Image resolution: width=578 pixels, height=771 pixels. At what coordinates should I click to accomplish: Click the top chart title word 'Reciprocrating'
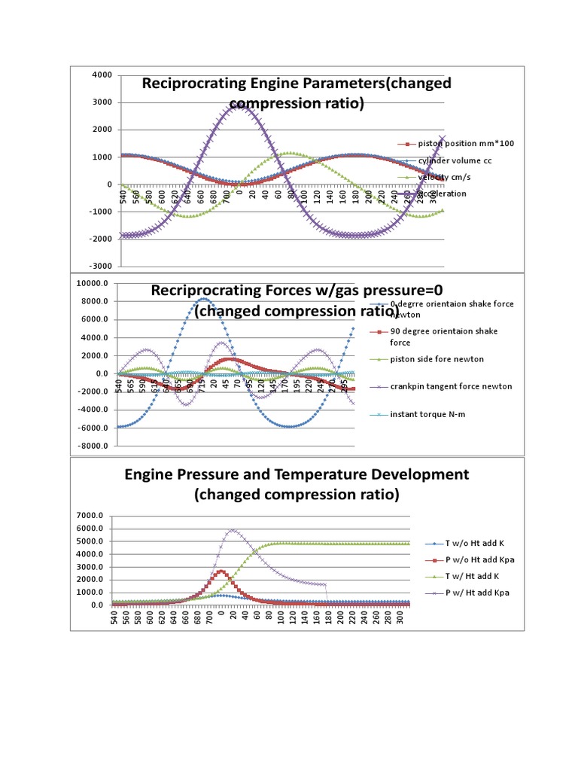point(199,84)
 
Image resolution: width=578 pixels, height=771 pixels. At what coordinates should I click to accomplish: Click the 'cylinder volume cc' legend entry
point(459,160)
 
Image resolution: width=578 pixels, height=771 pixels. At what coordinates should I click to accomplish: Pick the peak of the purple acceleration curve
point(239,106)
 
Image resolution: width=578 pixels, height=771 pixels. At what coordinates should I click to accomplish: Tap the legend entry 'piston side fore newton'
point(451,358)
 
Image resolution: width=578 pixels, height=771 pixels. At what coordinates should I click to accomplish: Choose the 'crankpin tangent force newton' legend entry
point(461,386)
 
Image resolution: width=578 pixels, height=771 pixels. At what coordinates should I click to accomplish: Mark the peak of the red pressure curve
point(221,571)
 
